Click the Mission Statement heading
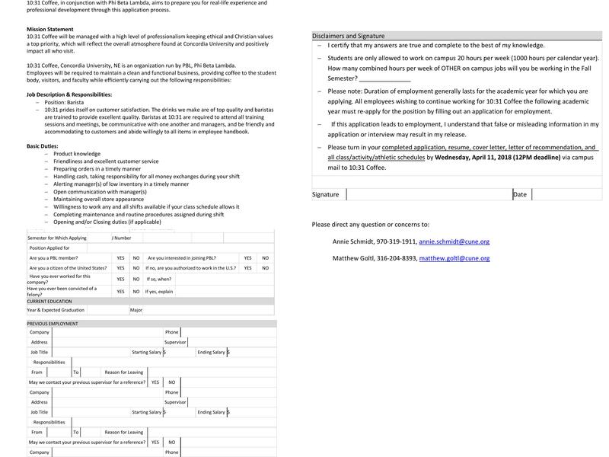pos(50,29)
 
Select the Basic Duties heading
pos(43,145)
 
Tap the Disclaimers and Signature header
pos(348,36)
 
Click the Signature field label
pos(326,194)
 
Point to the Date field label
pos(520,194)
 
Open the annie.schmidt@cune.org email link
pos(454,241)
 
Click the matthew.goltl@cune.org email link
pos(454,258)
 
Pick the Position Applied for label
pos(49,248)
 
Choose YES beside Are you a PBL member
pos(120,258)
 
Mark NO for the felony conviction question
pos(136,291)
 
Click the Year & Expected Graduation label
pos(56,310)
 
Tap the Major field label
pos(136,310)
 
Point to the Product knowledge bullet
pos(77,154)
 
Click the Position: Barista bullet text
pos(64,102)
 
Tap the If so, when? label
pos(159,279)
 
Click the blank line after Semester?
pos(384,78)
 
